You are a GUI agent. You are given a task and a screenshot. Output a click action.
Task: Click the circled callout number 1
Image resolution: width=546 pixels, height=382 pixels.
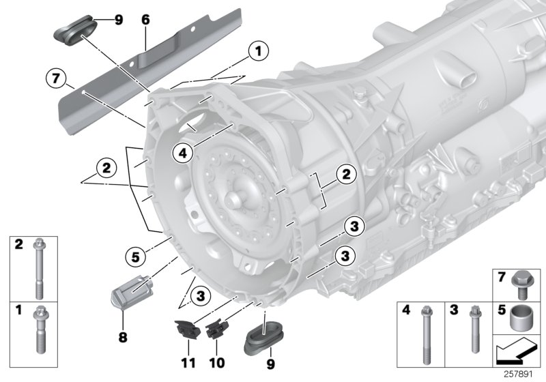click(257, 50)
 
